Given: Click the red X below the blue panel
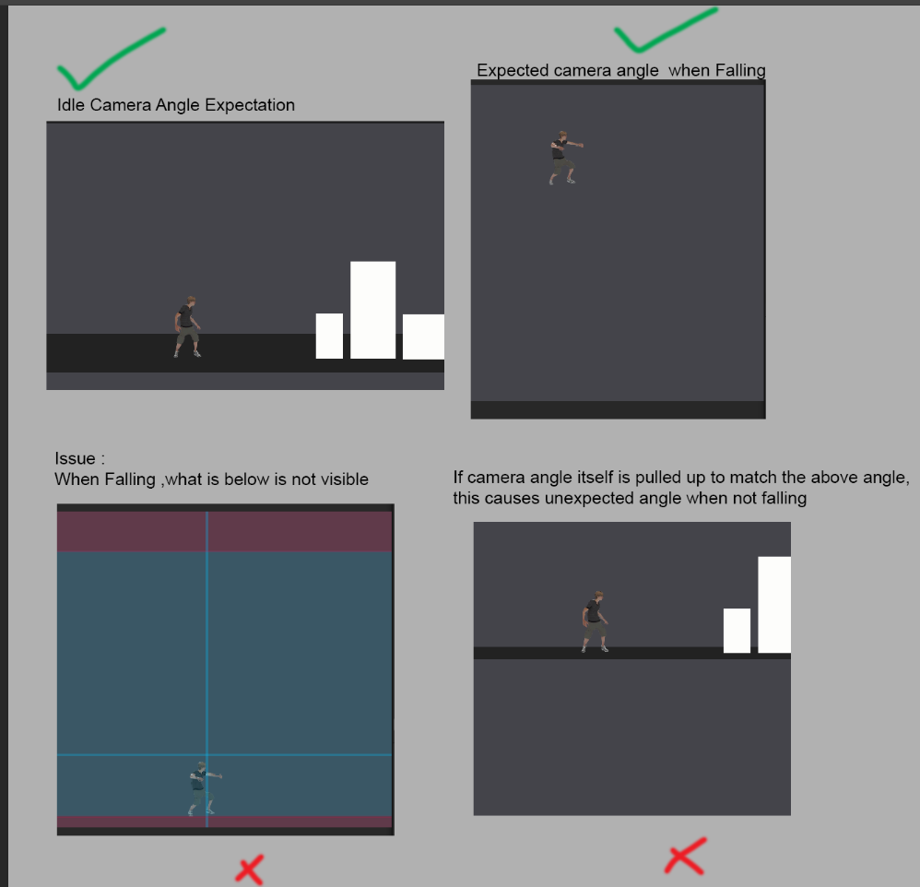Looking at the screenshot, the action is coord(250,869).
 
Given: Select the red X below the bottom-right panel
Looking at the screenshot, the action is coord(685,857).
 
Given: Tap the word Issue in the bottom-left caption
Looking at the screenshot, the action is coord(75,458).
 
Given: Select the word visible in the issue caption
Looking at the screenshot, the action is coord(346,479).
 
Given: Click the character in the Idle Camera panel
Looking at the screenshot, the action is coord(188,327).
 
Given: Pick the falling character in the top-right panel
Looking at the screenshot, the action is coord(565,158).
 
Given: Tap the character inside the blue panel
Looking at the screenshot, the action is coord(204,788).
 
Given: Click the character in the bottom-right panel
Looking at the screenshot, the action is coord(595,621).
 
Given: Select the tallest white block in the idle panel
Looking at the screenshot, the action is coord(372,310).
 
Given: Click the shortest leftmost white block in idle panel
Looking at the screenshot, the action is coord(329,336).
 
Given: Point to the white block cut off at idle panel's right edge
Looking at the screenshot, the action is coord(423,337).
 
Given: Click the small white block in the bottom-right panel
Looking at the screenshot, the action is coord(737,631).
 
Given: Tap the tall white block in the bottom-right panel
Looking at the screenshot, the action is coord(774,605).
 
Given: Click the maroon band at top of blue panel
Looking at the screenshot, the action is coord(225,531).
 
